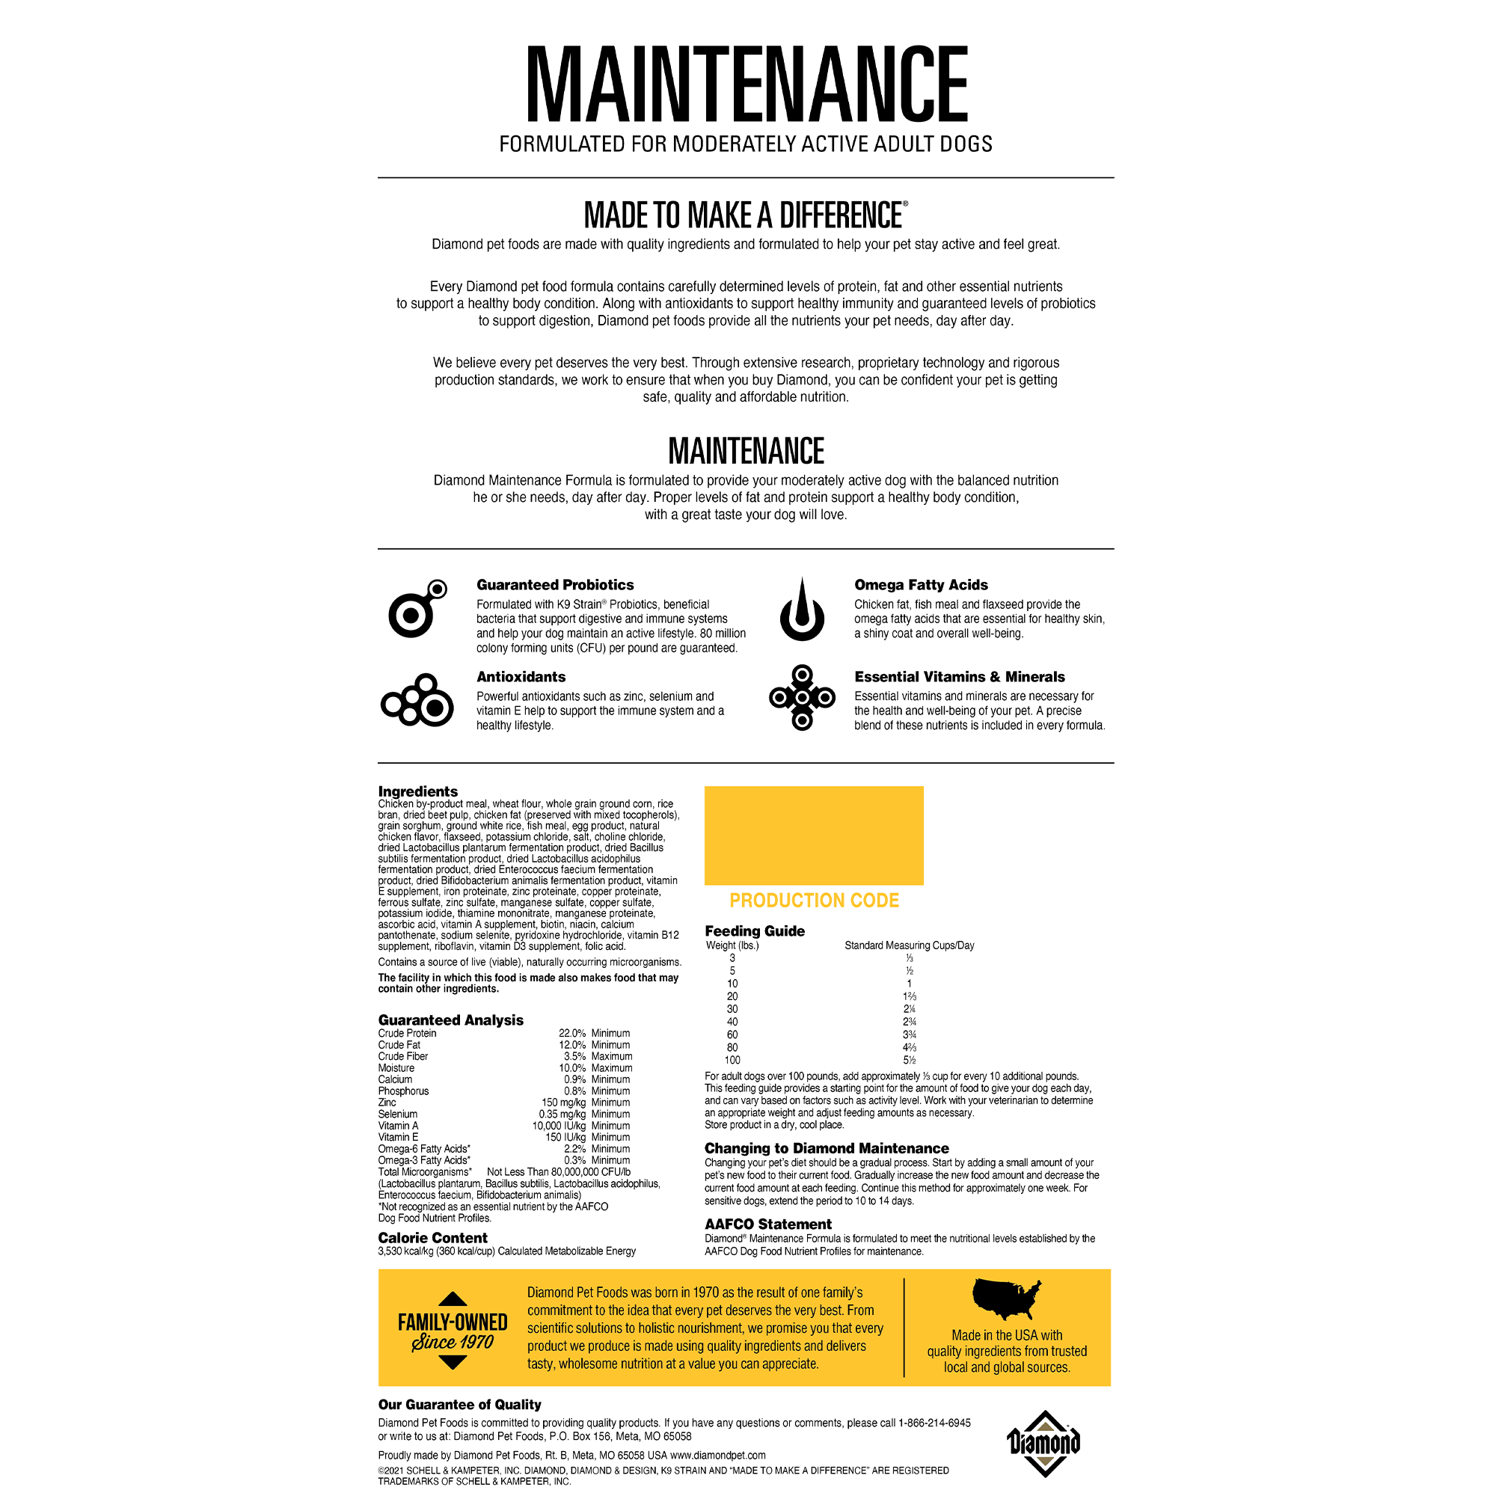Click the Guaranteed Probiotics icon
(417, 610)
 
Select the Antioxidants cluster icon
(417, 701)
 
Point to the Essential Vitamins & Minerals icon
(801, 697)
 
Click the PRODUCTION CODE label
(814, 901)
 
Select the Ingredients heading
(417, 791)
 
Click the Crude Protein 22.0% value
(572, 1033)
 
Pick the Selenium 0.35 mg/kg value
(562, 1115)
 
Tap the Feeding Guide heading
(754, 931)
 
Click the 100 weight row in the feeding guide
(732, 1060)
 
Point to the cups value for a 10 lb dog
(909, 984)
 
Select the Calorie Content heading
(432, 1237)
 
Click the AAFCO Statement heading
(767, 1224)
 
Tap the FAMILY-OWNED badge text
(453, 1322)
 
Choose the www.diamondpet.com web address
(718, 1455)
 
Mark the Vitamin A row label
(398, 1126)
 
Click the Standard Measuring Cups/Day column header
(909, 945)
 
